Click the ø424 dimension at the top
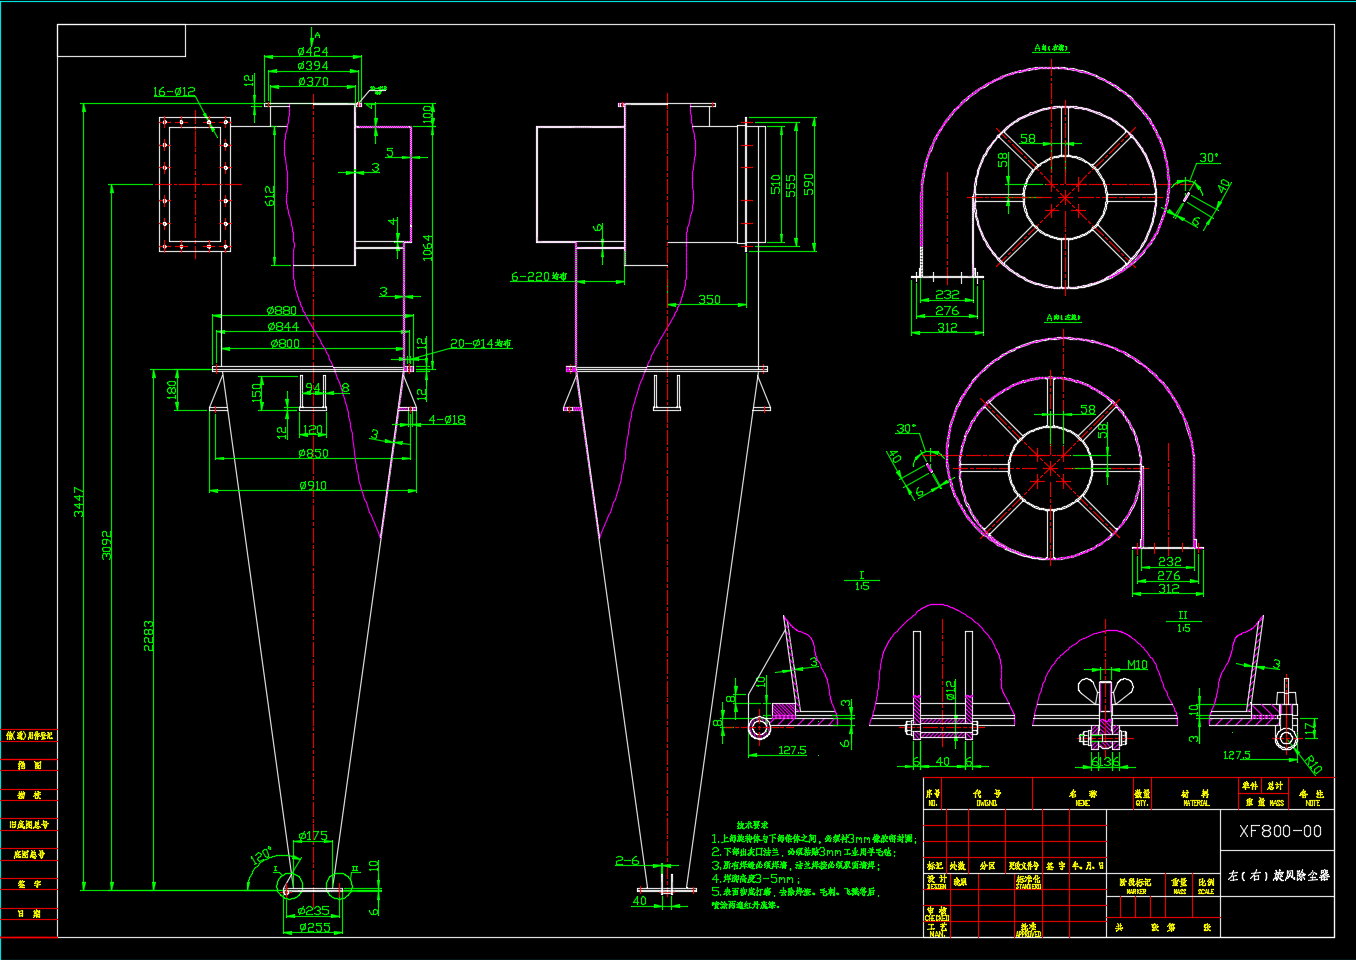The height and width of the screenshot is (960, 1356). click(312, 51)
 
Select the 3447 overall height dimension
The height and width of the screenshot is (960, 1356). click(79, 501)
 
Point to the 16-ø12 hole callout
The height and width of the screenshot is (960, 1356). click(174, 92)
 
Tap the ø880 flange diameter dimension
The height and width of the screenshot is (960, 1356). click(282, 311)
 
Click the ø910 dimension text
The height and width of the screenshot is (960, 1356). click(312, 486)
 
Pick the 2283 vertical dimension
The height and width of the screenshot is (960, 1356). click(149, 636)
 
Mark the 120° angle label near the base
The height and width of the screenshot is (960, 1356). click(261, 857)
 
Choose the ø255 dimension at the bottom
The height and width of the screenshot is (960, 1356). click(313, 928)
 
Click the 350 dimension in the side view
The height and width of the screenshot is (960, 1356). click(709, 299)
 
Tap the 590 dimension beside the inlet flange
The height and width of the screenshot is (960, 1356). click(808, 184)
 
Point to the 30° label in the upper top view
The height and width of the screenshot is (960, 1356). click(1209, 158)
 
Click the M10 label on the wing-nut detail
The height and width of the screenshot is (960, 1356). click(1137, 665)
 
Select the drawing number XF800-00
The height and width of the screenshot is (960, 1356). click(1280, 831)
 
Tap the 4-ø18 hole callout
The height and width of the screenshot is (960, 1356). click(447, 420)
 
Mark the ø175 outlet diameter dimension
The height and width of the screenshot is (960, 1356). click(312, 836)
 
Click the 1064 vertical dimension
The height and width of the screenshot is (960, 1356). click(428, 248)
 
